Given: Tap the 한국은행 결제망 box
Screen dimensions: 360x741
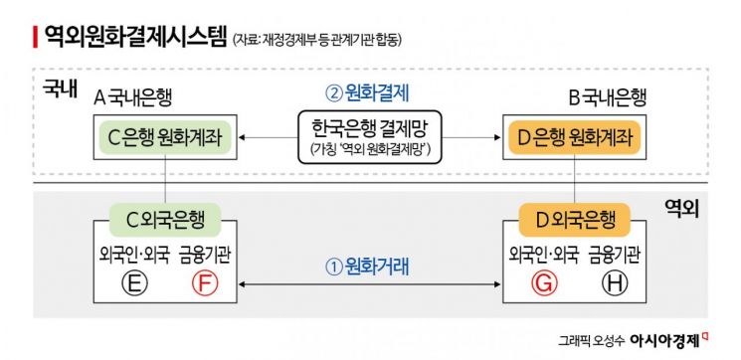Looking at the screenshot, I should [x=369, y=137].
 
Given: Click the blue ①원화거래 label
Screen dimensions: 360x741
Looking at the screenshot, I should [x=369, y=266].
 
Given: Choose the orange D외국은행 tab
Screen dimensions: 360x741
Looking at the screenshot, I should [x=575, y=218].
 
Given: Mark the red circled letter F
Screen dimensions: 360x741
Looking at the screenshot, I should [x=203, y=285].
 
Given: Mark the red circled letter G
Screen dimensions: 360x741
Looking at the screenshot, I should [x=542, y=285].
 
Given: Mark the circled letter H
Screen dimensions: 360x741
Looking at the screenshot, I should [x=615, y=285].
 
